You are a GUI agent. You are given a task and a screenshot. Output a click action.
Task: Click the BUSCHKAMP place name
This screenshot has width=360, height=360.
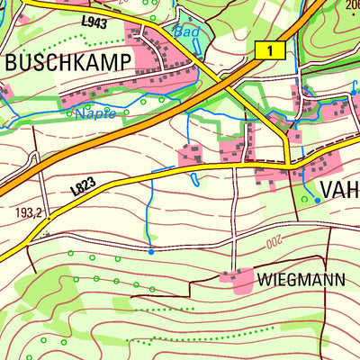pyautogui.click(x=68, y=62)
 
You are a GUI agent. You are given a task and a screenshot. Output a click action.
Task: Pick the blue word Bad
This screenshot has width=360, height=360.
pyautogui.click(x=185, y=31)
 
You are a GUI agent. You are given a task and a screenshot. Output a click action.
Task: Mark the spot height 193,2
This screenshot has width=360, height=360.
pyautogui.click(x=29, y=214)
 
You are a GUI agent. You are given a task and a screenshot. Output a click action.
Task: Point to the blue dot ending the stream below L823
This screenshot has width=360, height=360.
pyautogui.click(x=150, y=252)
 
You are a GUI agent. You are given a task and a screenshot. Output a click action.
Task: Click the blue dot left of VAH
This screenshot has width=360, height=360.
pyautogui.click(x=317, y=200)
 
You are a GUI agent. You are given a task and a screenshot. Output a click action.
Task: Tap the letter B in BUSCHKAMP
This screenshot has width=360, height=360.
pyautogui.click(x=13, y=62)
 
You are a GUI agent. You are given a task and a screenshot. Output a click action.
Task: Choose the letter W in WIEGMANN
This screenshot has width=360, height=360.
pyautogui.click(x=265, y=279)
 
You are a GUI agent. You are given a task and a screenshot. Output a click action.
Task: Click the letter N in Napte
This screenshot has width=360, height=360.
pyautogui.click(x=78, y=113)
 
